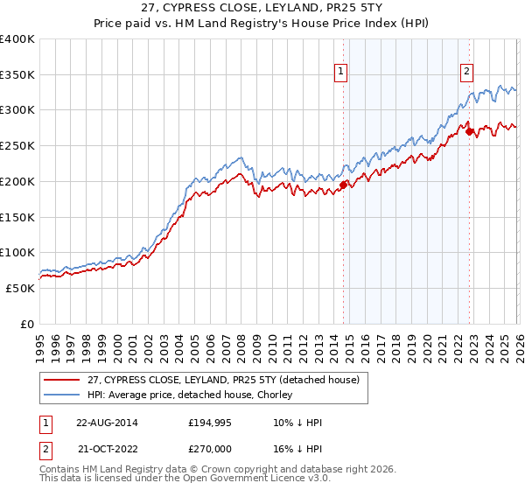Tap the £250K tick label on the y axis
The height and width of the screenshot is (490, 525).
pos(17,145)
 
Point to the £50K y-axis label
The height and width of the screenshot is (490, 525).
pos(20,288)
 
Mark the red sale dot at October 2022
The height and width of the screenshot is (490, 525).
pos(470,132)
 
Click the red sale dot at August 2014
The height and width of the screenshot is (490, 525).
pos(343,185)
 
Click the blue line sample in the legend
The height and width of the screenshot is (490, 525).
pos(62,395)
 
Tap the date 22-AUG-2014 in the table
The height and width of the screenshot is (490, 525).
pos(106,423)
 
